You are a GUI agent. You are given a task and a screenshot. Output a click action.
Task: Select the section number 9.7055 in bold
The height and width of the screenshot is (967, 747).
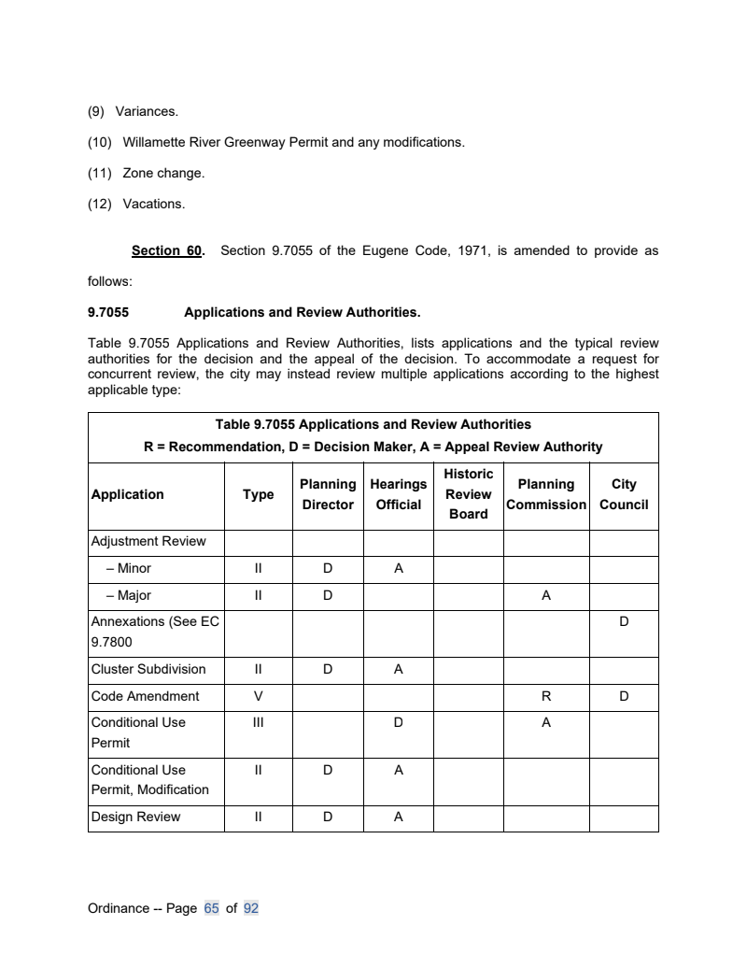tap(108, 312)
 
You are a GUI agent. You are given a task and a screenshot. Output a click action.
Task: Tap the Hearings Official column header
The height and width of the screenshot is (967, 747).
tap(399, 494)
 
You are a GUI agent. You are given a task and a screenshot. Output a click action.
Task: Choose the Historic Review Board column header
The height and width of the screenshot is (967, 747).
tap(469, 494)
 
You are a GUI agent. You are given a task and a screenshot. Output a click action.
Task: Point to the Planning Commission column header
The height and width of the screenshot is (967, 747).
tap(546, 494)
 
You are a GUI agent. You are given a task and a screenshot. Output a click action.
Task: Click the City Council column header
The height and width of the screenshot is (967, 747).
tap(624, 494)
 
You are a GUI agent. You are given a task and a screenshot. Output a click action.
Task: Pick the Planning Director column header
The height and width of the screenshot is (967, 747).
tap(327, 494)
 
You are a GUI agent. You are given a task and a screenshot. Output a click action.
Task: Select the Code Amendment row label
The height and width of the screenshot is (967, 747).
tap(145, 696)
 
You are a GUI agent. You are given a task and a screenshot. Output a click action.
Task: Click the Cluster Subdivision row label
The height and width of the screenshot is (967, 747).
tap(148, 669)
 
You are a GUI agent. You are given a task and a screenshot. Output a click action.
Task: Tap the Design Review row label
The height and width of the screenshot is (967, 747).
tap(135, 818)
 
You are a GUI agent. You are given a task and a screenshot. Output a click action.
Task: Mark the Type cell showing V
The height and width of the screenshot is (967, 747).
tap(259, 696)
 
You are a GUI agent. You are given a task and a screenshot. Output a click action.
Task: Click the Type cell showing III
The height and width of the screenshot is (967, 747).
tap(259, 722)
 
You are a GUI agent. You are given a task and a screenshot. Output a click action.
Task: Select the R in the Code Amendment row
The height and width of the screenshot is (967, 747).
tap(546, 696)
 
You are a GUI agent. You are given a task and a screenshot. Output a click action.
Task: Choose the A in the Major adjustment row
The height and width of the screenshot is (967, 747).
tap(546, 595)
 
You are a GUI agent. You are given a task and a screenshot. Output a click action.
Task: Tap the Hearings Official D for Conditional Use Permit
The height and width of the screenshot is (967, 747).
tap(399, 722)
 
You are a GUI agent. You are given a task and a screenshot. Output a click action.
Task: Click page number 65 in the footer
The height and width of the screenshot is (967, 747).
tap(211, 908)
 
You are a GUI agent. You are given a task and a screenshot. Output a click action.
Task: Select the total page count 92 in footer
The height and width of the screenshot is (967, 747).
tap(250, 908)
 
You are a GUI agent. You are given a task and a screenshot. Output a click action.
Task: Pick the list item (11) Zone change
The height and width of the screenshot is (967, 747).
tap(146, 173)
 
